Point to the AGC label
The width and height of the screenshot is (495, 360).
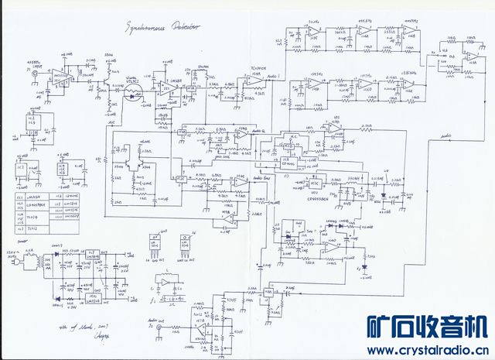point(114,124)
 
